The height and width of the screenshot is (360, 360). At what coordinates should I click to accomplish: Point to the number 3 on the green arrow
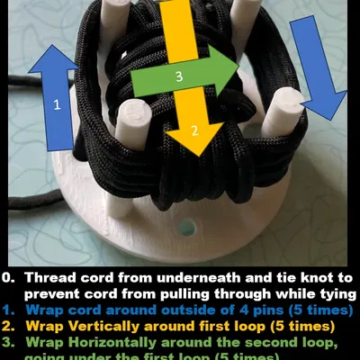179,77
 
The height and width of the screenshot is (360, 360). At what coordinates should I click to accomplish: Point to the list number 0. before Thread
9,277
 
